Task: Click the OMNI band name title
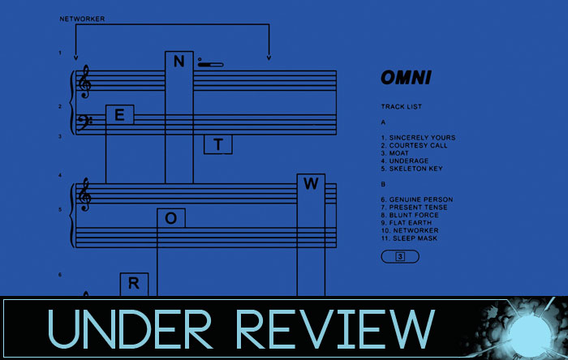click(406, 79)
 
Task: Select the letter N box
click(179, 62)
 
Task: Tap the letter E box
click(119, 115)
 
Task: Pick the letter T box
click(217, 144)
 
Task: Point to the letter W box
click(311, 184)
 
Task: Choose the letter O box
click(170, 217)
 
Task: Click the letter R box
click(134, 284)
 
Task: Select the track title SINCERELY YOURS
click(422, 138)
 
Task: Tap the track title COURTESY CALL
click(419, 146)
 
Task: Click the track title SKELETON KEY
click(417, 169)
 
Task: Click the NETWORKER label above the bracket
click(82, 18)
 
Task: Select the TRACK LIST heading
click(401, 106)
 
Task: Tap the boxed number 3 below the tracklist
click(400, 257)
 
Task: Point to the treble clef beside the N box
click(84, 81)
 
